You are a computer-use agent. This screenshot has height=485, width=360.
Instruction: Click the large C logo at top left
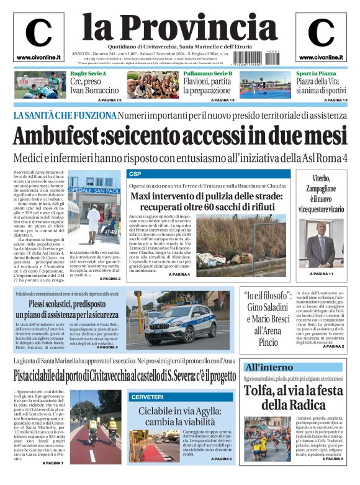38,33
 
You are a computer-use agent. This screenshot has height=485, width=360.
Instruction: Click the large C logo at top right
321,33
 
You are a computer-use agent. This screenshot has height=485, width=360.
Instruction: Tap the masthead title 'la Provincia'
180,26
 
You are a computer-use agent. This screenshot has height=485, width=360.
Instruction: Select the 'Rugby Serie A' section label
88,73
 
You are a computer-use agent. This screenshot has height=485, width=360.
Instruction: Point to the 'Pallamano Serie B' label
208,73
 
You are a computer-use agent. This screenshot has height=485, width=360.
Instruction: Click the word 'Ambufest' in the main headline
58,135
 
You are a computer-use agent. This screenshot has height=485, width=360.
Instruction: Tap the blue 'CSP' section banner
135,174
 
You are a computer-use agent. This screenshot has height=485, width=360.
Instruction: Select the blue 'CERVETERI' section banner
147,396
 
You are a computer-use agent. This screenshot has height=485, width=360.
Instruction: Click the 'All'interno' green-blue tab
269,366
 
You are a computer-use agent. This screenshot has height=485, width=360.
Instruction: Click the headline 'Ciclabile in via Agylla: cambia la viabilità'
181,417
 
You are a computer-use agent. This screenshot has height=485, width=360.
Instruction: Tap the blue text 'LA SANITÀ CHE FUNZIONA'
63,116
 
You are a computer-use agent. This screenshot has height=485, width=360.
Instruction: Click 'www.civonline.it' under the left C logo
38,58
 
